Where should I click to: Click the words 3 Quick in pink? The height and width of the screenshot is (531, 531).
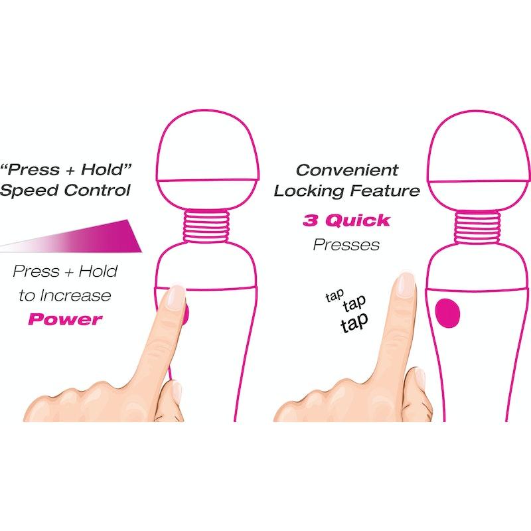[346, 220]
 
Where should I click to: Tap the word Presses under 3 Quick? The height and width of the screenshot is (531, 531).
[346, 244]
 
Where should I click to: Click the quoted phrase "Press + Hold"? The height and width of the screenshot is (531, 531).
[64, 169]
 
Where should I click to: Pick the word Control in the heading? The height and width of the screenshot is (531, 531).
[99, 191]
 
